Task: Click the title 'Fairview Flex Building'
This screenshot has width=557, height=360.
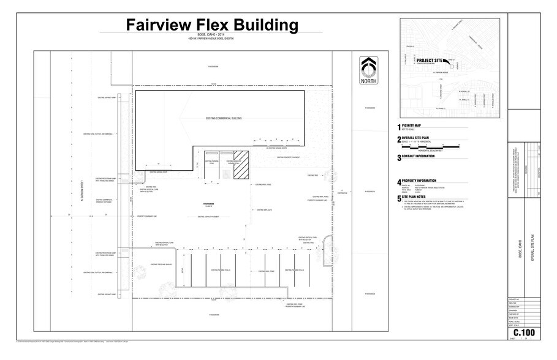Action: click(212, 25)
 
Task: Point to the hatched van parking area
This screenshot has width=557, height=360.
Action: click(239, 166)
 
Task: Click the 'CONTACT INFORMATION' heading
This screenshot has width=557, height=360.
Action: click(422, 156)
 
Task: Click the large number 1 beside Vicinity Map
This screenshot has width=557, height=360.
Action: click(398, 127)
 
